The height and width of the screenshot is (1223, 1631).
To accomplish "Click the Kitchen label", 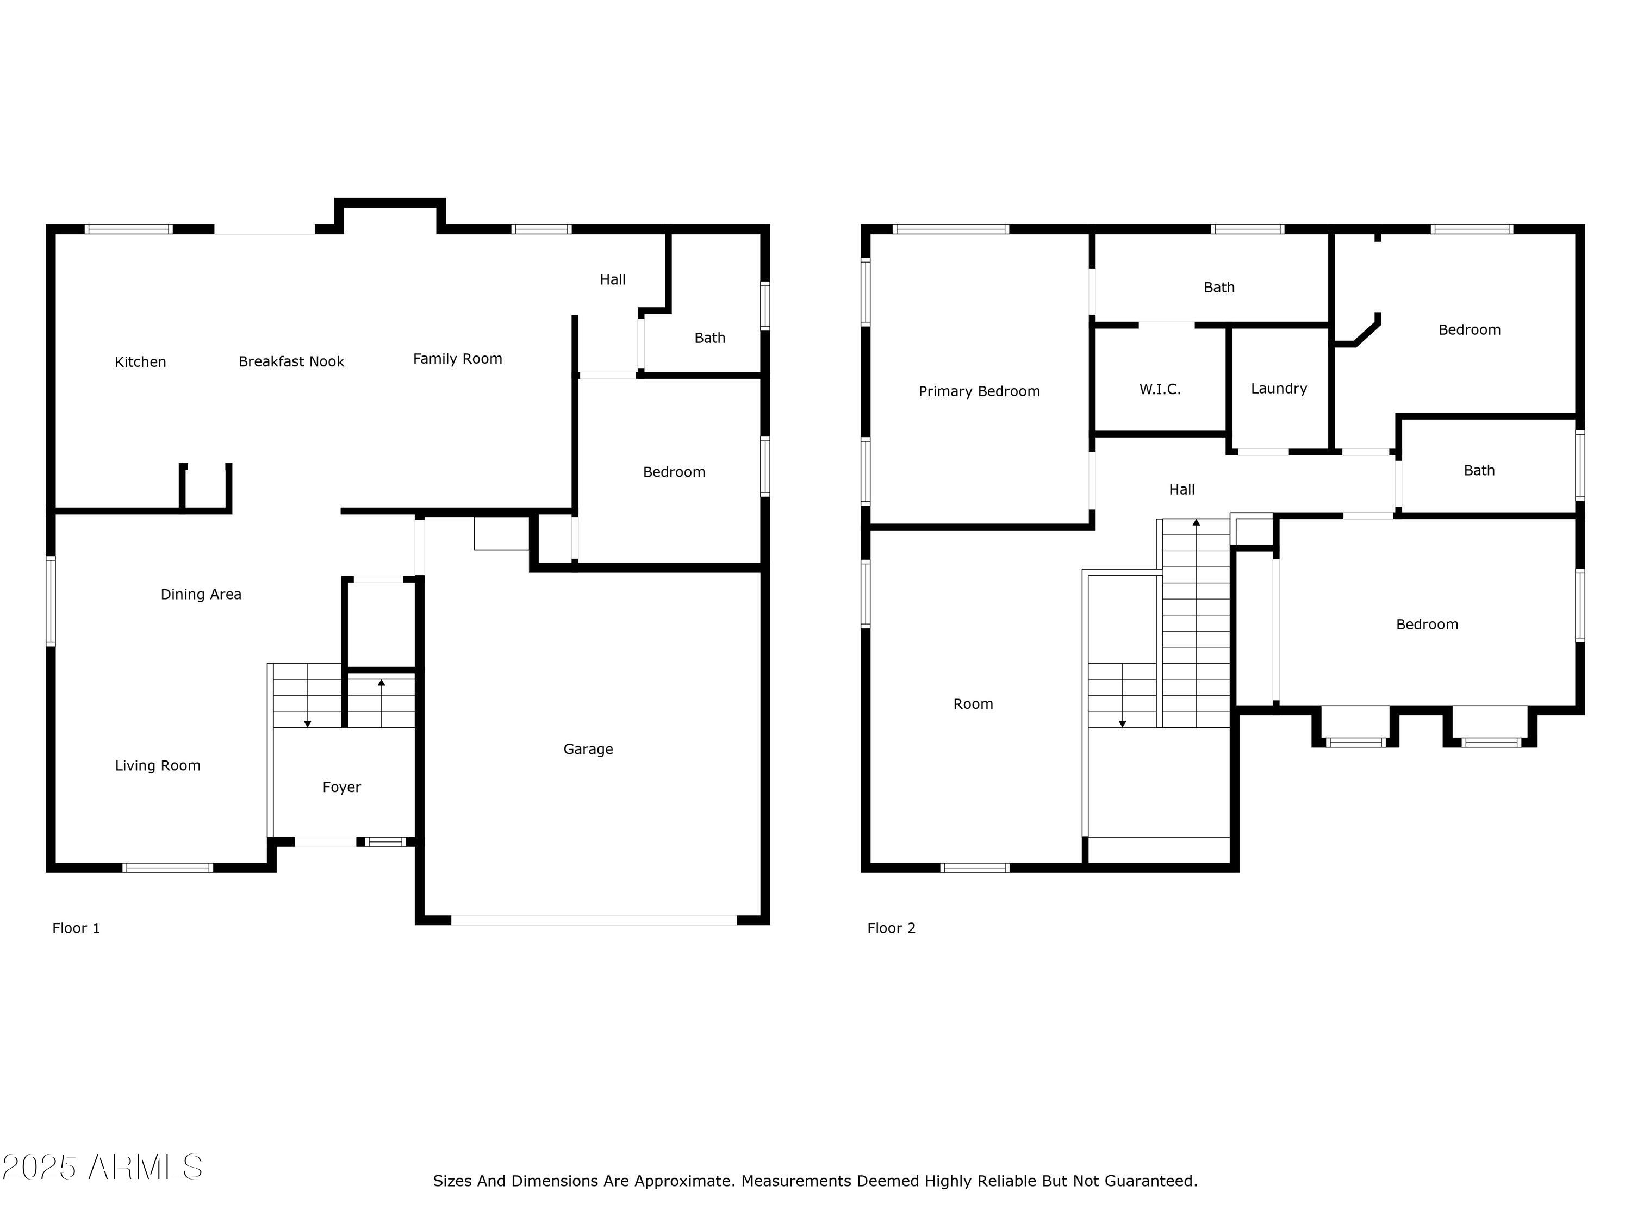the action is point(140,362).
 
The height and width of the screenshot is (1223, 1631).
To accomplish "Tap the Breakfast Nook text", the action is point(291,361).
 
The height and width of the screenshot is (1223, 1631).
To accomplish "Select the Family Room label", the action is point(457,359).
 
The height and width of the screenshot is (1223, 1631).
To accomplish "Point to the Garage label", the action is point(588,749).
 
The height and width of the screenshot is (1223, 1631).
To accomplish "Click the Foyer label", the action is point(341,787).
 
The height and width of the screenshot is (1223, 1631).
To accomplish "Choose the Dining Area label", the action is point(201,594).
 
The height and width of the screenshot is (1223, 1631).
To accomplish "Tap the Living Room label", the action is point(157,766).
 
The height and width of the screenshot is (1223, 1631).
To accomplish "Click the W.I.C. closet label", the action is point(1160,389).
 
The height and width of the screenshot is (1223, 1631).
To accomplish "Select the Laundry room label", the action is point(1279,389).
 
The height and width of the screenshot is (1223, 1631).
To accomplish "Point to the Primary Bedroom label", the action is point(979,391).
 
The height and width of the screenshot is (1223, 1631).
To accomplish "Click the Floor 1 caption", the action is point(76,928).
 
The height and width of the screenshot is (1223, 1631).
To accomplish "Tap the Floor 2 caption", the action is point(891,928).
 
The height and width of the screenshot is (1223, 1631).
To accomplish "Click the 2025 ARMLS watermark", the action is point(103,1167).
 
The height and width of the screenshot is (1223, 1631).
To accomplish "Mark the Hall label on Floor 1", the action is point(612,279).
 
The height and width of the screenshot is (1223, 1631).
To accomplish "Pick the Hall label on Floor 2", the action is point(1181,490).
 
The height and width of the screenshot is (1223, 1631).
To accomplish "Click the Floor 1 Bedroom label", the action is point(674,472).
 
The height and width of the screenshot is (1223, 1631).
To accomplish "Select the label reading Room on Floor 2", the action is point(973,704).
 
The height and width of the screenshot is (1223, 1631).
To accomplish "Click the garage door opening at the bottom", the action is point(594,920).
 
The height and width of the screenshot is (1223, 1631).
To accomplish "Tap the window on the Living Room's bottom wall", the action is point(167,868).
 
